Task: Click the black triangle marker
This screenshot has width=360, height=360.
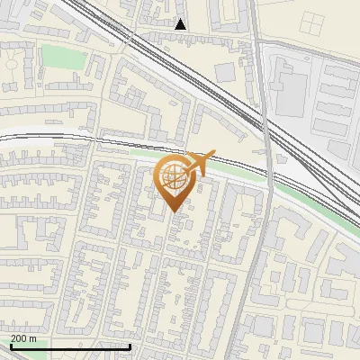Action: coord(181,24)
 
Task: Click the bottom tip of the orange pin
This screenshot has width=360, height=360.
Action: coord(175,211)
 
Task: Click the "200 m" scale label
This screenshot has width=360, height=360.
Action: coord(24,337)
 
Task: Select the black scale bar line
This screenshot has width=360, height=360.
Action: coord(70,346)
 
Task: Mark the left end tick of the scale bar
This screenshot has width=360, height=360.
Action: coord(10,346)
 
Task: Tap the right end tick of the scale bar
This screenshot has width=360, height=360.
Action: coord(130,346)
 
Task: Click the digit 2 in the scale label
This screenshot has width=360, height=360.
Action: coord(14,337)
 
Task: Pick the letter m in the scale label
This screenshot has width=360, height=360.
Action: coord(33,337)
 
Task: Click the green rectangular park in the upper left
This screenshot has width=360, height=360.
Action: coord(58,57)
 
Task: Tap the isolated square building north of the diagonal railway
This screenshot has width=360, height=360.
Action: coord(226,72)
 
